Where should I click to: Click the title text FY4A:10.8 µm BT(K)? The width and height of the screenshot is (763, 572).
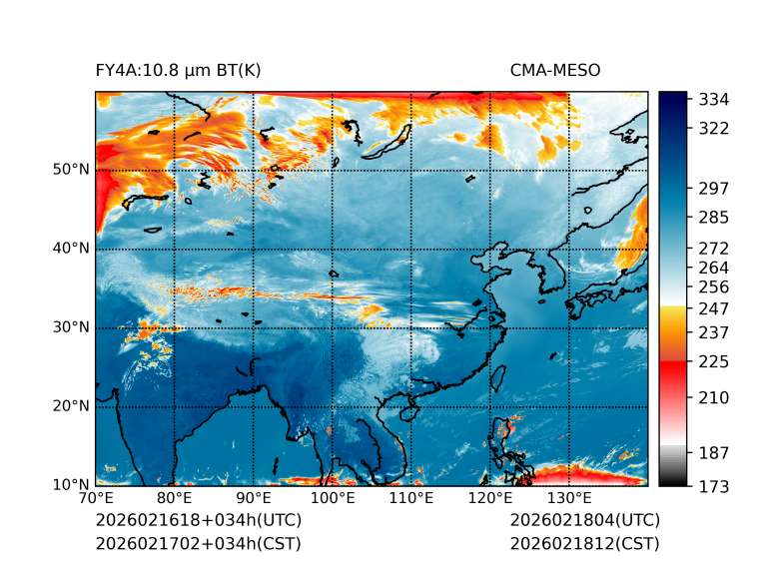click(178, 70)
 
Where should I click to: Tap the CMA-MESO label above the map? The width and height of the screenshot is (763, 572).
click(554, 70)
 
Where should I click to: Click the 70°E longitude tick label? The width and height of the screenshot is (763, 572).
click(96, 499)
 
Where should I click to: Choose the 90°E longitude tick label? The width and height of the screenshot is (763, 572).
click(254, 499)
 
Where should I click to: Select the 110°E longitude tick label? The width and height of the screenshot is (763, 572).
click(411, 499)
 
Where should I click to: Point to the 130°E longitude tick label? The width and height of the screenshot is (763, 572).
click(569, 499)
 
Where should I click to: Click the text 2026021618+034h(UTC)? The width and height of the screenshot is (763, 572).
click(198, 521)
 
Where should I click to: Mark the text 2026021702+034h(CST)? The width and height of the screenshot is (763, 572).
click(198, 544)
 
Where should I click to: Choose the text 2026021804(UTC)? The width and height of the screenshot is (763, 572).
click(584, 521)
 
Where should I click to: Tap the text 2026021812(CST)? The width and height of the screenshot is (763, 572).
click(584, 544)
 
